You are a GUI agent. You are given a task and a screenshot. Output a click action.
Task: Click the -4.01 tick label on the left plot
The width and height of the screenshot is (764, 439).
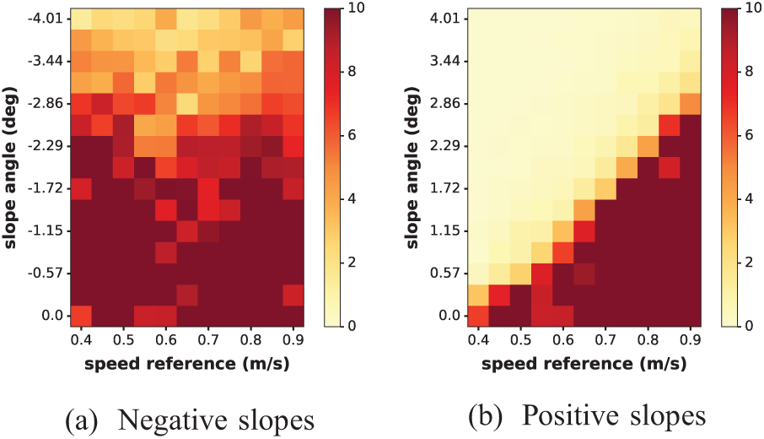(x=46, y=19)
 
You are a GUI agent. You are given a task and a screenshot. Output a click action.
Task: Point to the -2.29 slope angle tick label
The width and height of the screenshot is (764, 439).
(x=46, y=146)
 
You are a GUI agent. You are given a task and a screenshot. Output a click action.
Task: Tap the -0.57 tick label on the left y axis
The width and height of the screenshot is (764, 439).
(x=46, y=273)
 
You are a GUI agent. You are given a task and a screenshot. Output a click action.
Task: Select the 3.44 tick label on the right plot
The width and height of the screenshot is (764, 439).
(x=445, y=61)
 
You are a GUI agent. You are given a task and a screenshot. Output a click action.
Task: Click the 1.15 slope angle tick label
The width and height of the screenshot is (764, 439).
(x=445, y=230)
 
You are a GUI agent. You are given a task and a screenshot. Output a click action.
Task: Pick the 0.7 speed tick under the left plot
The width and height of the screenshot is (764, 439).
(x=208, y=339)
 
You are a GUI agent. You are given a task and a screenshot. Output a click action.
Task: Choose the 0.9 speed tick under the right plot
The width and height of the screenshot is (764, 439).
(x=690, y=339)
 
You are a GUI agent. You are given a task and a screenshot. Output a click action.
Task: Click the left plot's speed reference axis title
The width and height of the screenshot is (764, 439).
(x=187, y=364)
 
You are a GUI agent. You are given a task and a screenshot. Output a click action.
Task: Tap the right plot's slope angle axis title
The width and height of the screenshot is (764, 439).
(x=412, y=168)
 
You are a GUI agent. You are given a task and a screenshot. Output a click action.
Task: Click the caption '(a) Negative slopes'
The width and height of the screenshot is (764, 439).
(x=190, y=420)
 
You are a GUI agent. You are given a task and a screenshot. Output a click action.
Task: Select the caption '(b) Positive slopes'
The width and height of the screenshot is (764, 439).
(x=587, y=416)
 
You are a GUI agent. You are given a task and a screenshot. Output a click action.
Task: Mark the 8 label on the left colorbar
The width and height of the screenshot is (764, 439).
(x=351, y=72)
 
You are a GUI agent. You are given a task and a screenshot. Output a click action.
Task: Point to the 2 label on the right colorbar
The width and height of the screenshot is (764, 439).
(x=749, y=263)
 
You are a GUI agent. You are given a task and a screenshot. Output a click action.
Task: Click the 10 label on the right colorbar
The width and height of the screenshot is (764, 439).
(x=752, y=8)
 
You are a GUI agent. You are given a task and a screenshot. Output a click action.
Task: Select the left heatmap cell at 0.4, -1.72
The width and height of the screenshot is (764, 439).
(x=81, y=188)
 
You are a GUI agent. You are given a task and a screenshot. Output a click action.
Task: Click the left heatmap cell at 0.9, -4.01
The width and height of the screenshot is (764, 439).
(x=293, y=19)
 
